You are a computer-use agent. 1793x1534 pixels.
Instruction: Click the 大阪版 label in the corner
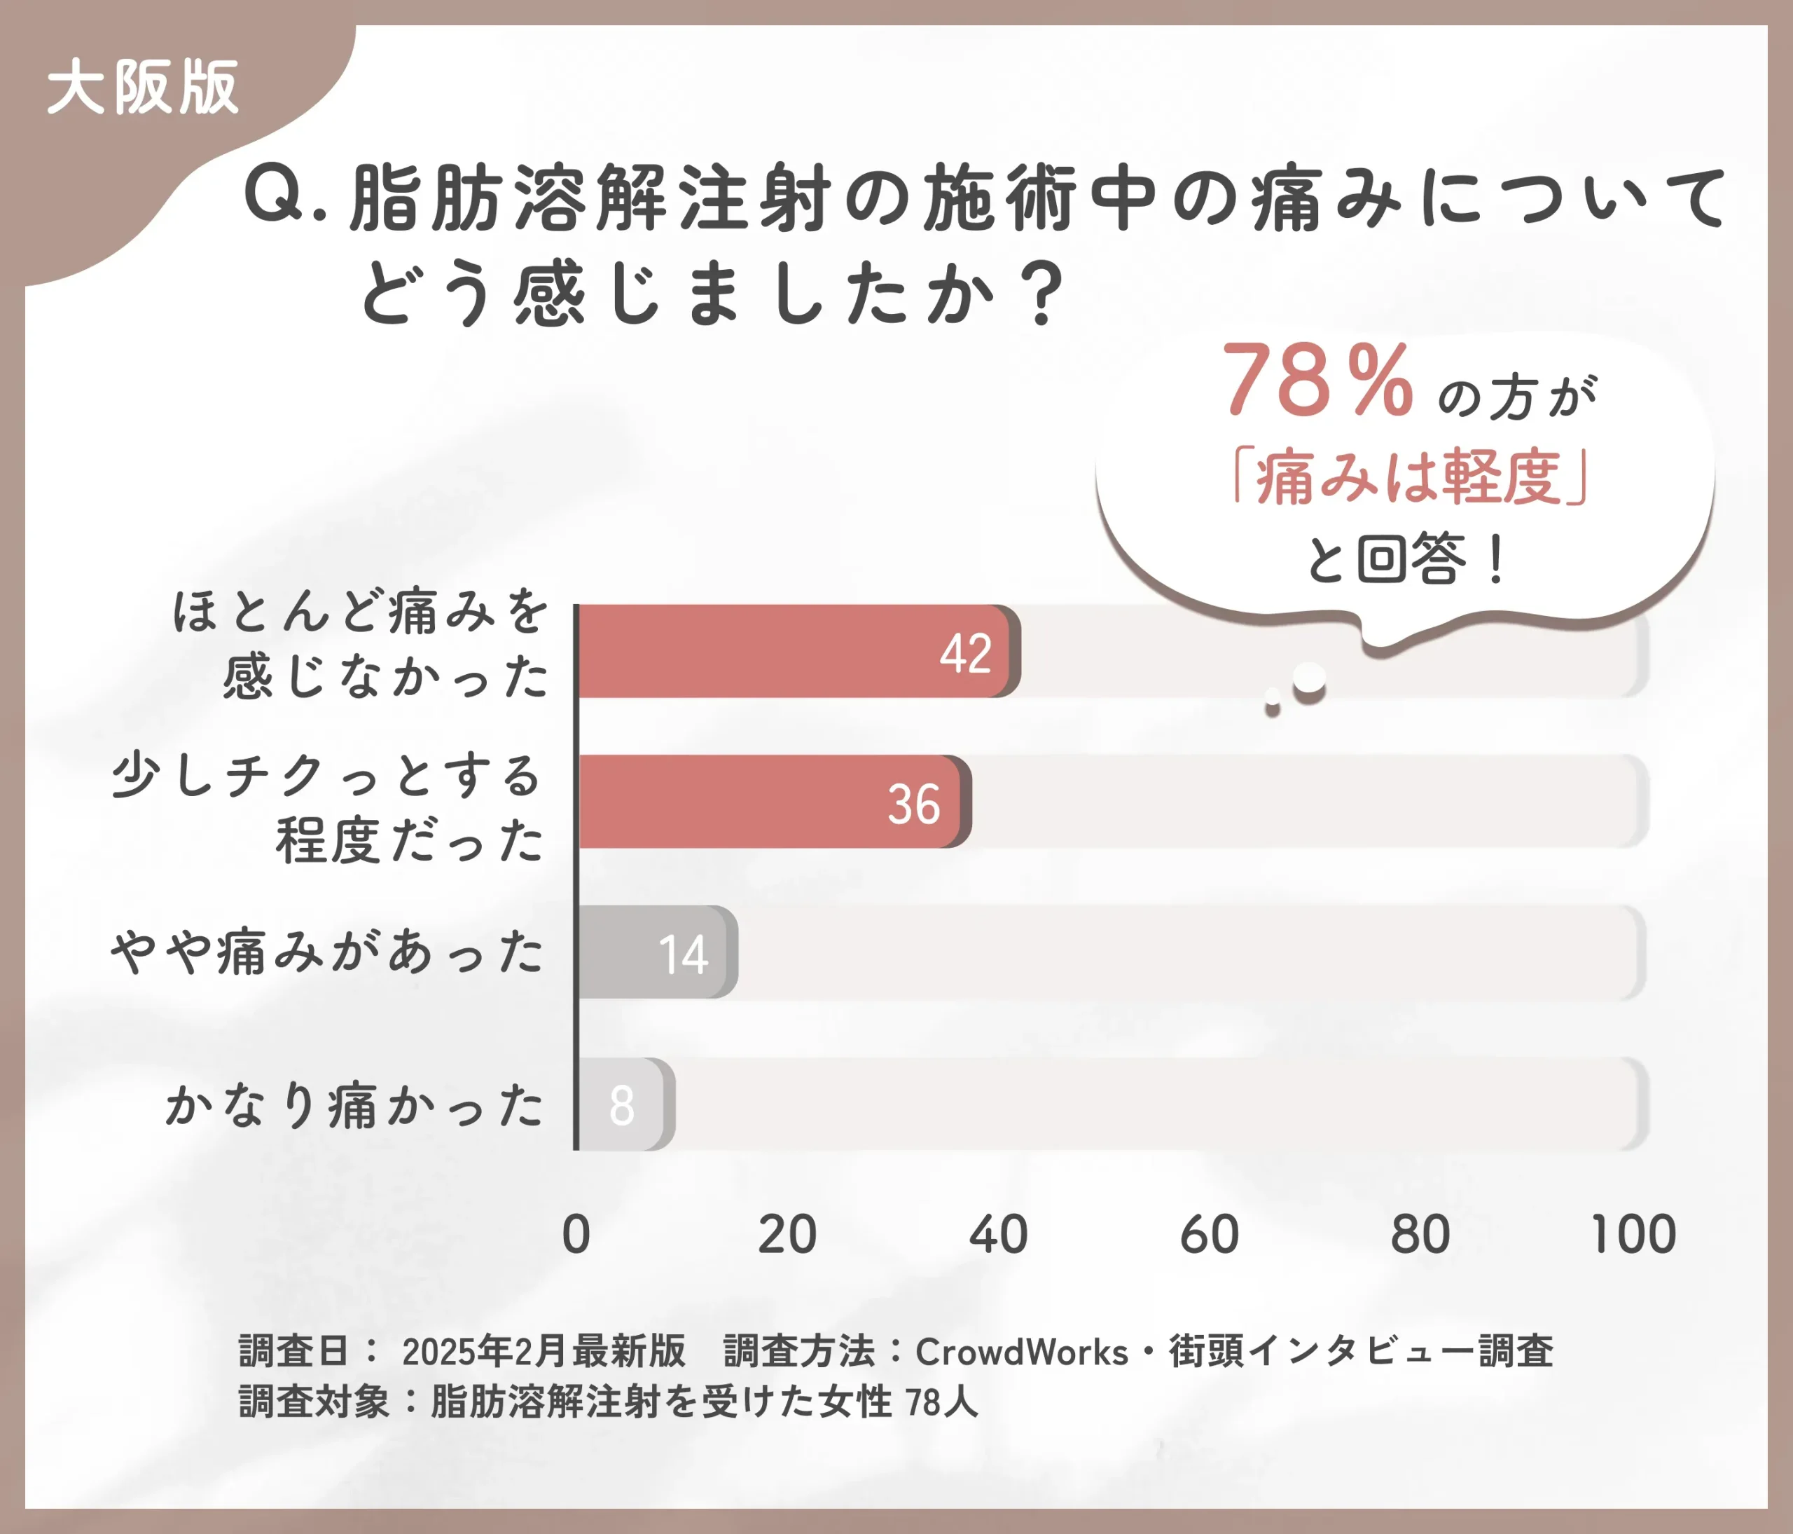click(142, 88)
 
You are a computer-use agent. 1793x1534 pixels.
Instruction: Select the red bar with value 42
click(796, 651)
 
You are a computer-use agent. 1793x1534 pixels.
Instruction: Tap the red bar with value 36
click(770, 802)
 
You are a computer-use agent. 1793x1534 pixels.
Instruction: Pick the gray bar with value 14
click(656, 952)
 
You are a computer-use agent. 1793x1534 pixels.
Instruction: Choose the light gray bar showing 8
click(623, 1104)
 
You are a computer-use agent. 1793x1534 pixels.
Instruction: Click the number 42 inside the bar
click(966, 654)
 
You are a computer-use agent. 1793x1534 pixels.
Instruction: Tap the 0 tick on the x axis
click(576, 1235)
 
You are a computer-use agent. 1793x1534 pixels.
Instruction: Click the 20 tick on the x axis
click(787, 1235)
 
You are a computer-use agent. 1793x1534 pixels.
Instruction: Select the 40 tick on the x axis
click(998, 1235)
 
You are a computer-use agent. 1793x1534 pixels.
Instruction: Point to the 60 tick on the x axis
click(1209, 1235)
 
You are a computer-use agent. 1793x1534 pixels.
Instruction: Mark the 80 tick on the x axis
click(1420, 1235)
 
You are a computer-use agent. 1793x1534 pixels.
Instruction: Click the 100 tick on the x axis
click(1633, 1235)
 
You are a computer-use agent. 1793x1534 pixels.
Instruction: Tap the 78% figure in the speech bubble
click(1317, 381)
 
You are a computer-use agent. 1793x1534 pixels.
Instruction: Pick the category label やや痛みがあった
click(327, 952)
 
